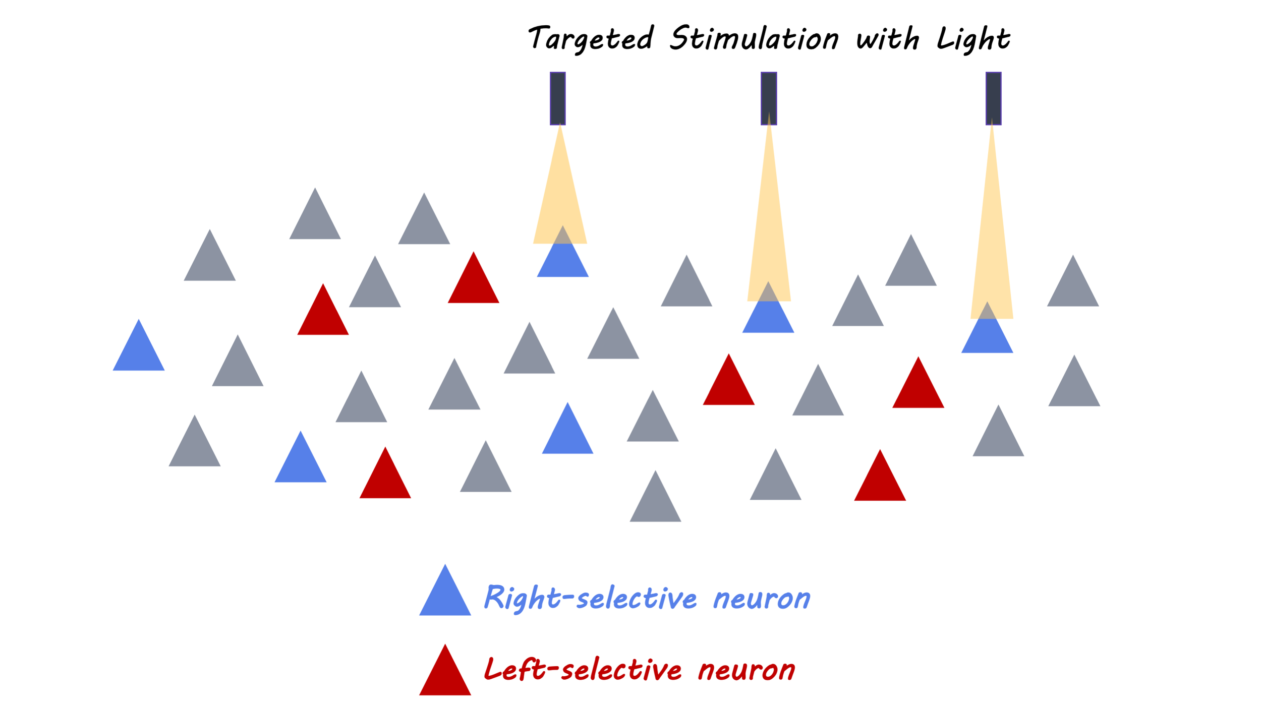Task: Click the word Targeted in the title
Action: coord(590,39)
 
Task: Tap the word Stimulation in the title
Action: coord(754,38)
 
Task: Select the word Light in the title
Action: coord(973,39)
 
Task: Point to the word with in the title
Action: coord(888,39)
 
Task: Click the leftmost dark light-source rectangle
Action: coord(557,98)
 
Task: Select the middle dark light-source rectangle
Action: coord(769,98)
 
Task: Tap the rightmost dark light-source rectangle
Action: coord(993,98)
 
